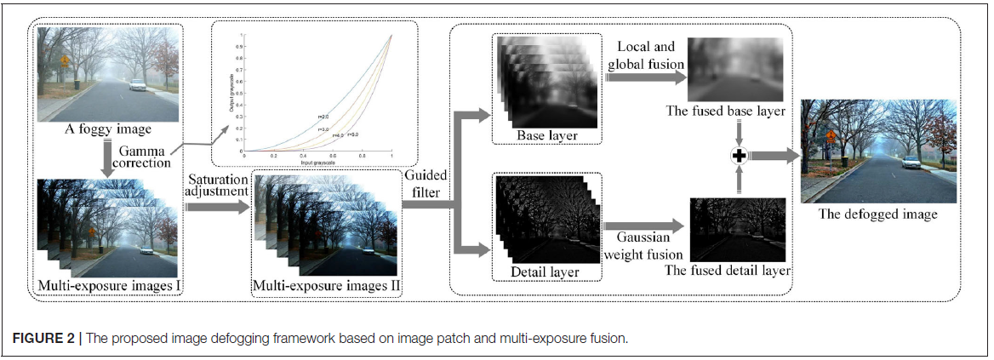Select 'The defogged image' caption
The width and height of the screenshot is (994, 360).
tap(878, 214)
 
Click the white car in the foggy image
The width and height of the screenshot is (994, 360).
tap(136, 84)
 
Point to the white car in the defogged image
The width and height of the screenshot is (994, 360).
tap(911, 162)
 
